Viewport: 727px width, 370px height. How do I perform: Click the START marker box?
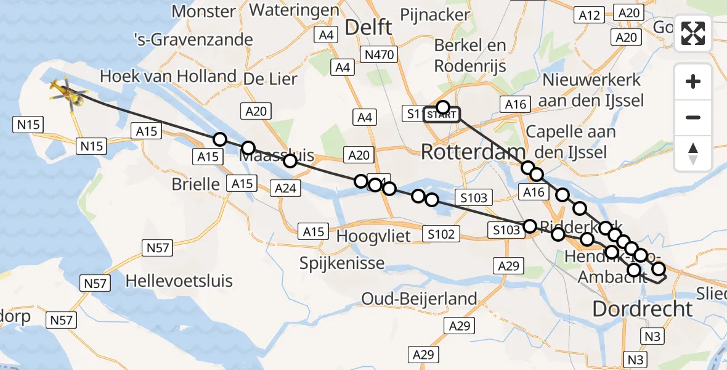coord(442,115)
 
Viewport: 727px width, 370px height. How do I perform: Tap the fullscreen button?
coord(693,33)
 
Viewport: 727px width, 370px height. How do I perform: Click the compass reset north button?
coord(693,154)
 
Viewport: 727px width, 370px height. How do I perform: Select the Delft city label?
coord(368,27)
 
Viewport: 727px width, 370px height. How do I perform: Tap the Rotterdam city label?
coord(473,152)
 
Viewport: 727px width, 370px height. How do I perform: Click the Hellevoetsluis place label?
coord(179,281)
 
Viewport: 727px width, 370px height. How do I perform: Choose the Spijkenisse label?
coord(342,263)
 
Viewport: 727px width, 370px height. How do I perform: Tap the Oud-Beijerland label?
coord(419,300)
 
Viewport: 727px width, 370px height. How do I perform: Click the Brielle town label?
coord(195,184)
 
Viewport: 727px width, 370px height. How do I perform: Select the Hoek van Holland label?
coord(168,76)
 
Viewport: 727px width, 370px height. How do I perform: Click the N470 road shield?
coord(378,55)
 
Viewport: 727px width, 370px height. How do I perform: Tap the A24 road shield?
coord(285,189)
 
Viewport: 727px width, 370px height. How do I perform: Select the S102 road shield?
coord(442,234)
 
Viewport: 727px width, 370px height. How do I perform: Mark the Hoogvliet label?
coord(374,237)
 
